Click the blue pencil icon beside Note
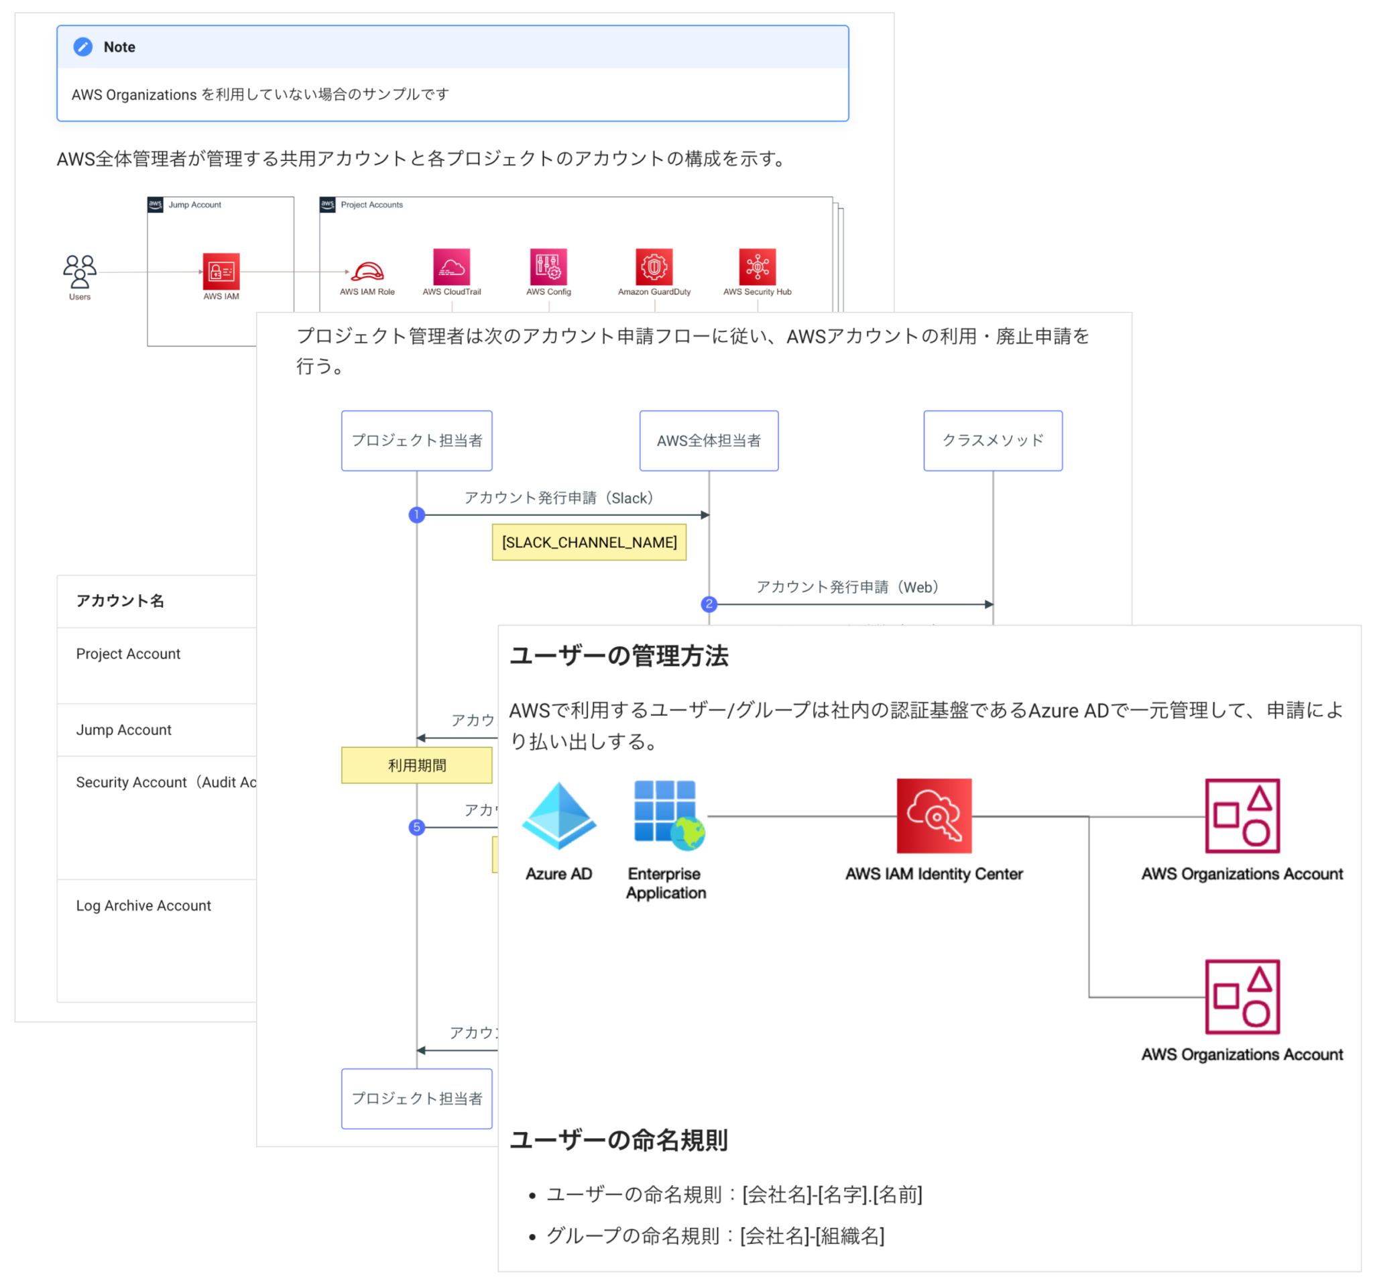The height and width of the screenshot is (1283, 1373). click(83, 47)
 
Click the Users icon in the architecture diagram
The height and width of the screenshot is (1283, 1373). click(80, 272)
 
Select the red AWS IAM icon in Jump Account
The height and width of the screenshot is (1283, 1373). click(221, 272)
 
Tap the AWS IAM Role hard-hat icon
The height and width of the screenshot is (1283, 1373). click(367, 270)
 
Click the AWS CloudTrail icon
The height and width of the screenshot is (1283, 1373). click(452, 267)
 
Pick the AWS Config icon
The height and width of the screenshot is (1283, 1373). click(548, 267)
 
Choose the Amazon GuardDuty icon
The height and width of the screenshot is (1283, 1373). click(654, 267)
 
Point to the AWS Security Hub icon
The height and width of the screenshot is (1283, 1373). click(757, 267)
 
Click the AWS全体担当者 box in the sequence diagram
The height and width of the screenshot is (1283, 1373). click(709, 441)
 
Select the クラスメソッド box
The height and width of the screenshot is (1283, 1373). click(992, 441)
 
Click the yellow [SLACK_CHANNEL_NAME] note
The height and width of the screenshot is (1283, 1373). click(589, 543)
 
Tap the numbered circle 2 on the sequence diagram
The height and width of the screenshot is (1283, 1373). click(709, 604)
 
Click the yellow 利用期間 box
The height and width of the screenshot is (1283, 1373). click(416, 765)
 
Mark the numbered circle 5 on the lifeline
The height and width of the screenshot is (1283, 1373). click(416, 827)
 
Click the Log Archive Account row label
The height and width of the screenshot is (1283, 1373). click(143, 905)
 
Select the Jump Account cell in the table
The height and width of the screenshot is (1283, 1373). click(123, 730)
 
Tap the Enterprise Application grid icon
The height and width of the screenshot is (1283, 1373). click(668, 816)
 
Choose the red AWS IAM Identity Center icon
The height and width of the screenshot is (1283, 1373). click(934, 816)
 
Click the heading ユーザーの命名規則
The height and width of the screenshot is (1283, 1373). click(619, 1140)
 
